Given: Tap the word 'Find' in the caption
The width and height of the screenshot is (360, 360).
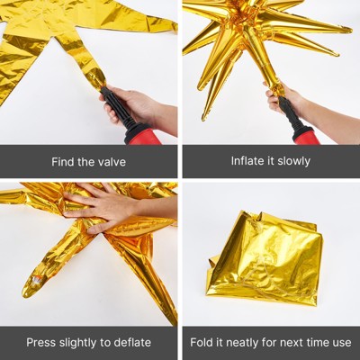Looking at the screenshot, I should coord(61,161).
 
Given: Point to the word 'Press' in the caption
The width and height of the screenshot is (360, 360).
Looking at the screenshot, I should coord(42,342).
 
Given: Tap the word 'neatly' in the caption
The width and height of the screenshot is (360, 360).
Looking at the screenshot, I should coord(247,342).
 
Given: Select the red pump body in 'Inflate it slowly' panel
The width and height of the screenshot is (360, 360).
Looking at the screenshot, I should coord(306,135).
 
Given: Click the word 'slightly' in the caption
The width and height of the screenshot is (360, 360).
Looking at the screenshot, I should coord(82,342).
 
